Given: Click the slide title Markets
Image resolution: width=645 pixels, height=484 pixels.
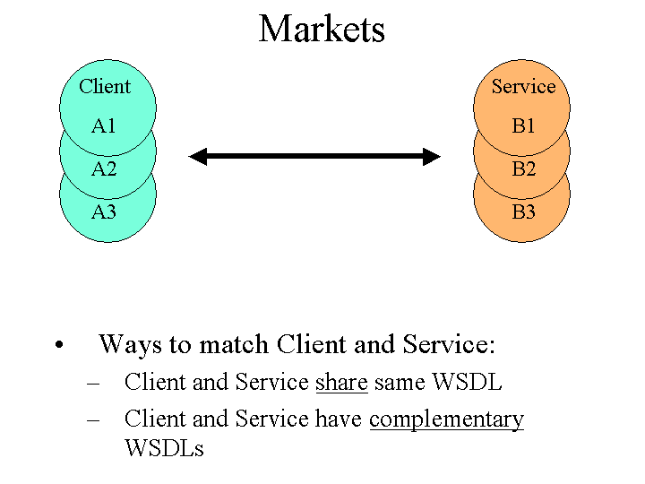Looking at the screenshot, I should (322, 29).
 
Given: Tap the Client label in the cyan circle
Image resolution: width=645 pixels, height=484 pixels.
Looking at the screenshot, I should (105, 87).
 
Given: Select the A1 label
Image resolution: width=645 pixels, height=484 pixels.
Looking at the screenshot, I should (104, 126).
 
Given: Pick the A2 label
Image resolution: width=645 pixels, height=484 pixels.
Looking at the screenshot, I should (104, 169).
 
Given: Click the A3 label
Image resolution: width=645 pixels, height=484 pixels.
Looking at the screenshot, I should (104, 212).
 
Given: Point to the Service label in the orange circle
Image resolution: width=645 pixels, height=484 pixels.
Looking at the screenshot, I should (523, 87).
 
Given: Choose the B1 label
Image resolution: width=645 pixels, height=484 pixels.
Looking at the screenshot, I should (523, 126).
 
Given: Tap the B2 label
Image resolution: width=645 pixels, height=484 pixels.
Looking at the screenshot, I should (523, 169).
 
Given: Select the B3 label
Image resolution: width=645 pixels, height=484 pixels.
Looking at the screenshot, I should (523, 212).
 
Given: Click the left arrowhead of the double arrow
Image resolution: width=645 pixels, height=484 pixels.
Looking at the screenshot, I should (198, 157).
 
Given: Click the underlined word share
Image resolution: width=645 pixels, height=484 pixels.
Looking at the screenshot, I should (341, 383).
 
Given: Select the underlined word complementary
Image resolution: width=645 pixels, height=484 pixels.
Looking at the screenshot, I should (446, 419).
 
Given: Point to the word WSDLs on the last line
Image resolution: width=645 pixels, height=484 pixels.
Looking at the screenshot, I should (164, 448).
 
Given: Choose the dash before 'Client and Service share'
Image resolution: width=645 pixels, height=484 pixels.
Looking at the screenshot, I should (93, 384).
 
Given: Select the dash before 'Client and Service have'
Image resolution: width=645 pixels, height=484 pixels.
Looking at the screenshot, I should (93, 419).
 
